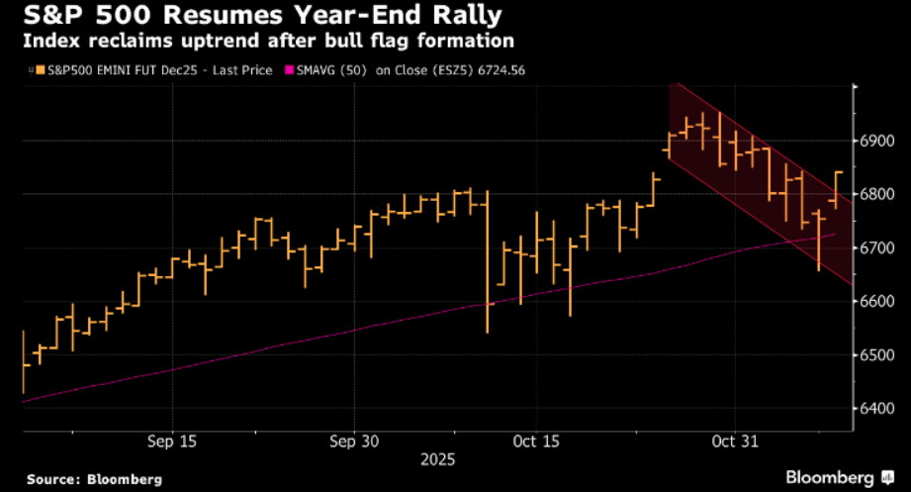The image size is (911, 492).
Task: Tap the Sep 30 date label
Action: coord(353,440)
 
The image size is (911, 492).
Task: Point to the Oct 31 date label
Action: coord(733,440)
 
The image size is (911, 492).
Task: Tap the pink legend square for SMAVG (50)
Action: coord(289,70)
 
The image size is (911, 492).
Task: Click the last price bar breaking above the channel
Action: coord(837,188)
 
